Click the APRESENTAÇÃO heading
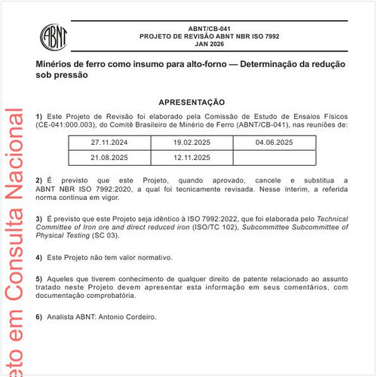click(x=192, y=101)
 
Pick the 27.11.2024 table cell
click(x=109, y=142)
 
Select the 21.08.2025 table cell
click(x=109, y=158)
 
